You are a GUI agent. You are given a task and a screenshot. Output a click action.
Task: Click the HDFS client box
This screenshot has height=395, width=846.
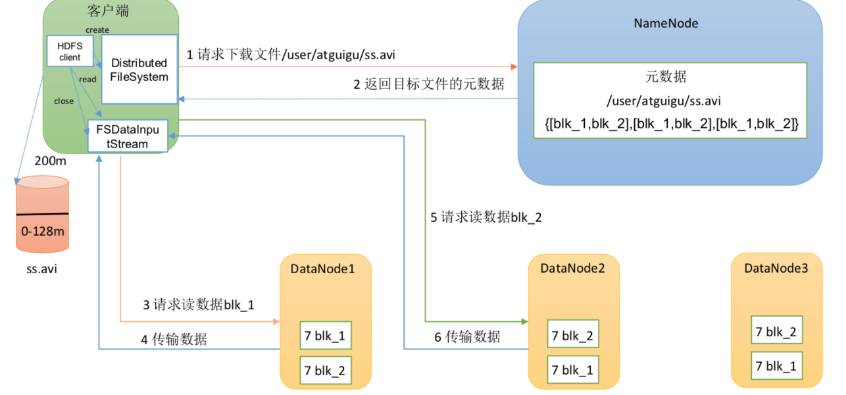[70, 51]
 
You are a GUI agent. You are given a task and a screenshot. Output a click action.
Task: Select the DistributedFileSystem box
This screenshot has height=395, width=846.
[139, 70]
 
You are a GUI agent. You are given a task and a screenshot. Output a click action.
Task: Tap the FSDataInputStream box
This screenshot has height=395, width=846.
[128, 136]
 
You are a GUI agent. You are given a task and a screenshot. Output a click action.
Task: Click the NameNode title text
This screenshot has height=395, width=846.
[666, 24]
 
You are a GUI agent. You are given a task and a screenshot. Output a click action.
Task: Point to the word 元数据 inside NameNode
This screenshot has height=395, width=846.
[666, 77]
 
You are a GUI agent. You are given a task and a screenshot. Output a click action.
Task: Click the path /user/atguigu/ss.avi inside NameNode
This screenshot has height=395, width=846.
[666, 101]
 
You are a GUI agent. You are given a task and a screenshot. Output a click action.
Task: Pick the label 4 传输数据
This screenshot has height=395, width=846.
[174, 340]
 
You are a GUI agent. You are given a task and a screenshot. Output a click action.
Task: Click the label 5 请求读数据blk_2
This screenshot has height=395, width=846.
[486, 217]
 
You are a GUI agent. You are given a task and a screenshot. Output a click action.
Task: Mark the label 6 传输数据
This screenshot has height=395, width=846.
[467, 337]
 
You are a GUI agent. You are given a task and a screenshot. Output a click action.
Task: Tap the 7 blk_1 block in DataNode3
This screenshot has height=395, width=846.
[776, 366]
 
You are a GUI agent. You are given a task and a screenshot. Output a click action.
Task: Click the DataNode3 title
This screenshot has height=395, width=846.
[776, 268]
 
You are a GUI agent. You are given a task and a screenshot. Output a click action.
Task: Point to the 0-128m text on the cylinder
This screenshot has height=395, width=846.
[42, 231]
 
